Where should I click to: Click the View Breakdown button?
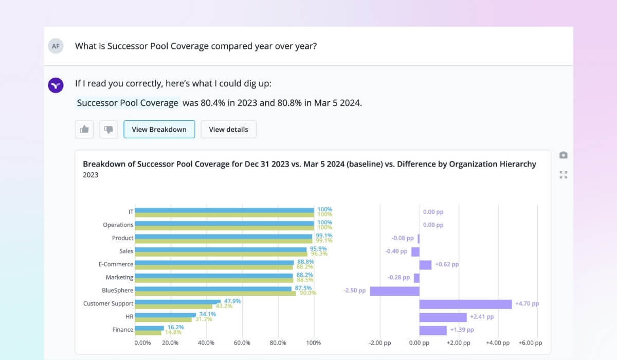[x=159, y=130]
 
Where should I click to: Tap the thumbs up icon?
[x=84, y=130]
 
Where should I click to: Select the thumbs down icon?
[x=108, y=130]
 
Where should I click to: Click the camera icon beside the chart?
[x=564, y=155]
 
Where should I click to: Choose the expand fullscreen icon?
[x=564, y=175]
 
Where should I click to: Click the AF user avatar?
[x=56, y=46]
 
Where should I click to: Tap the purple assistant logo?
[x=56, y=85]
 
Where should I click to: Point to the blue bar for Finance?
[x=150, y=328]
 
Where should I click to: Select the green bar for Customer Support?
[x=173, y=307]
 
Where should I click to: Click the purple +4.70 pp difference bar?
[x=465, y=304]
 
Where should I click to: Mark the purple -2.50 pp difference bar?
[x=394, y=291]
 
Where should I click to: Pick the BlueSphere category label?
[x=117, y=291]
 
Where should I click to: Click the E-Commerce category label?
[x=116, y=264]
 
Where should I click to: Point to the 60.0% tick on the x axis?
[x=242, y=343]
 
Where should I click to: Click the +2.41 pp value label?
[x=482, y=317]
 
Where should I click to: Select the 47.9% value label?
[x=232, y=301]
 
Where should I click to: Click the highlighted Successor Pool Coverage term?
[x=128, y=103]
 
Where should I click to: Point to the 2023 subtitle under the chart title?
[x=90, y=175]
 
